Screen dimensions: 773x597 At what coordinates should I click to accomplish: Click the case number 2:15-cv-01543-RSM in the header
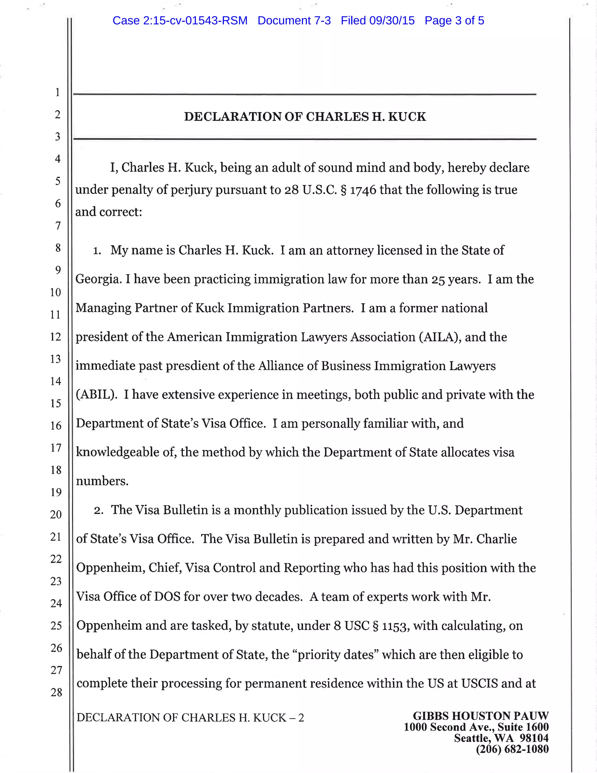(x=180, y=20)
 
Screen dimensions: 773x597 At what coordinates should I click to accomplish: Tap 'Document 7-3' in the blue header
(x=294, y=20)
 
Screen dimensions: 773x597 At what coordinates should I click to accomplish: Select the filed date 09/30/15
(x=391, y=20)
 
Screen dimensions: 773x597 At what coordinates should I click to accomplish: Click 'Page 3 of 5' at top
(x=454, y=20)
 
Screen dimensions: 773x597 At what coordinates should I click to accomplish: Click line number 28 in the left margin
(x=56, y=692)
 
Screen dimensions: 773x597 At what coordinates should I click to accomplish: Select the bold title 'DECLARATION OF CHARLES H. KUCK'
(x=305, y=117)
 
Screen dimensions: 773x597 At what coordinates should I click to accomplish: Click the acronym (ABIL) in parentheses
(x=96, y=395)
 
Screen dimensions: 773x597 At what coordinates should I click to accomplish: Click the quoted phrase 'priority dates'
(x=335, y=655)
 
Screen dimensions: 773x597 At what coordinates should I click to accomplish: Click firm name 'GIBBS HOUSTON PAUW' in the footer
(x=481, y=716)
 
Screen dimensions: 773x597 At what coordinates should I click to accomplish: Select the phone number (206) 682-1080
(x=512, y=749)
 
